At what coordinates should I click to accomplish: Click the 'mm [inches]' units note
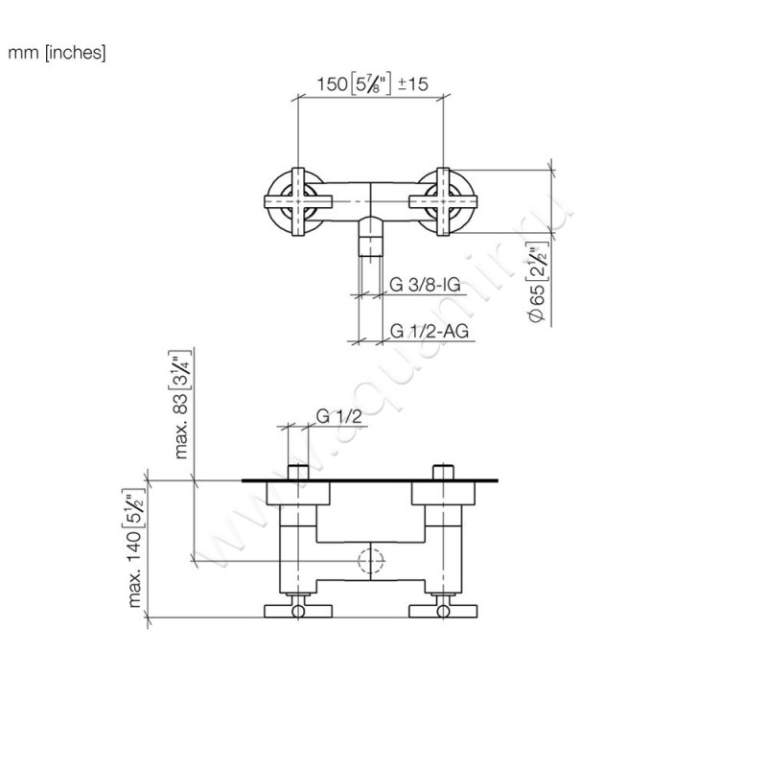(57, 54)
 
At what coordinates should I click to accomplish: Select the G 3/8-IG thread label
(427, 284)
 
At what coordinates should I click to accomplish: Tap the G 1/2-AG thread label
(429, 332)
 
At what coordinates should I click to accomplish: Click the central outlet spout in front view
(370, 235)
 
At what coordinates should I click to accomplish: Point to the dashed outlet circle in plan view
(370, 562)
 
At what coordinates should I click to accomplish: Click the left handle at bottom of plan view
(296, 610)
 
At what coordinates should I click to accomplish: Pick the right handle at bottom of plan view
(444, 610)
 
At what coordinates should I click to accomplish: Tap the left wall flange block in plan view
(296, 493)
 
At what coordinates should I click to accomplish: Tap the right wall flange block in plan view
(444, 493)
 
